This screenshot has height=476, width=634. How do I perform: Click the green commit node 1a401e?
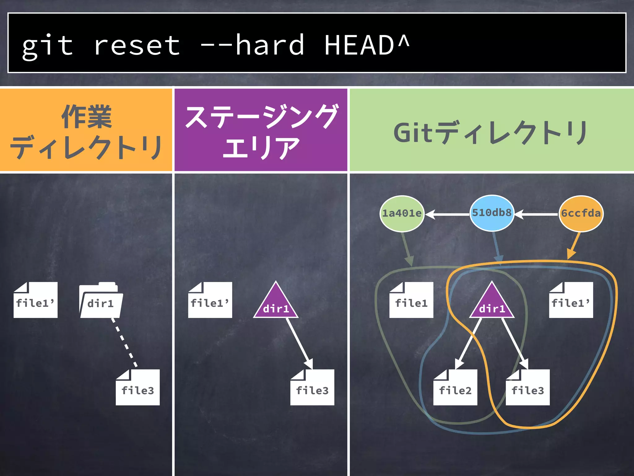pyautogui.click(x=402, y=214)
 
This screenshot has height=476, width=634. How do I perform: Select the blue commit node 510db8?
pyautogui.click(x=492, y=213)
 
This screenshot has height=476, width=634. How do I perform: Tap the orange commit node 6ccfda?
pyautogui.click(x=581, y=214)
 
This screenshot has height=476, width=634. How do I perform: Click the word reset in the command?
pyautogui.click(x=137, y=46)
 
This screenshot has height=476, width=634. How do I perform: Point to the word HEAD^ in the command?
pyautogui.click(x=367, y=46)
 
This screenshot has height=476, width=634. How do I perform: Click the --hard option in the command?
pyautogui.click(x=252, y=46)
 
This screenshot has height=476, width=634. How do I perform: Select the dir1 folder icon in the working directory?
pyautogui.click(x=101, y=301)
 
